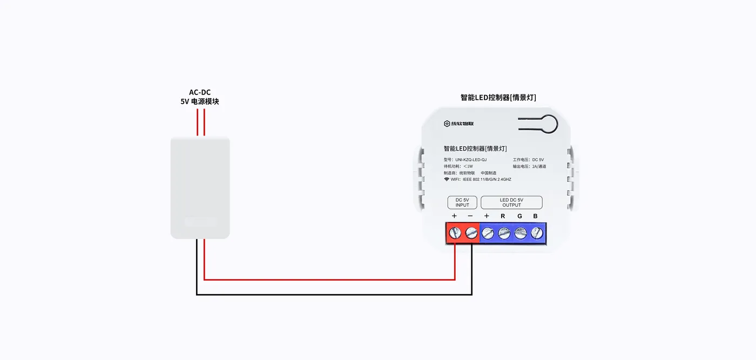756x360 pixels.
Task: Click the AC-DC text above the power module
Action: (x=200, y=92)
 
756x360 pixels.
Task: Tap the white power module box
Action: (x=200, y=188)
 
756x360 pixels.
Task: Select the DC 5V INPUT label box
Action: (x=462, y=202)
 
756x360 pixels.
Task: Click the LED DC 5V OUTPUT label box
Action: (x=511, y=202)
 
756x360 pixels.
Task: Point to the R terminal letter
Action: (x=503, y=216)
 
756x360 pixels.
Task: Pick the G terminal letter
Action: (x=519, y=216)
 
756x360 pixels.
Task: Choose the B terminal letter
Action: (x=535, y=216)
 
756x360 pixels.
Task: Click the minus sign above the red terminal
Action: (x=470, y=216)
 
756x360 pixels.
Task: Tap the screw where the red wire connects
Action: (x=455, y=233)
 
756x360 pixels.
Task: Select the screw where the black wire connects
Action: (x=471, y=233)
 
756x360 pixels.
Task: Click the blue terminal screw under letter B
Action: (x=537, y=233)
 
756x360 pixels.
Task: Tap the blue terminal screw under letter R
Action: (x=504, y=233)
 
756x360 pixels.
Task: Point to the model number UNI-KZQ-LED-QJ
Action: (x=471, y=160)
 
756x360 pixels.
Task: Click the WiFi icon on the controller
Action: (x=447, y=179)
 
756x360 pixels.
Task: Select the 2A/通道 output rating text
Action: (x=539, y=166)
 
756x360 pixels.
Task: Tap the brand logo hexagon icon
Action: (x=447, y=124)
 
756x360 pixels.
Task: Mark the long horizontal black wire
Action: (x=334, y=295)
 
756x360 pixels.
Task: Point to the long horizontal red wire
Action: (x=329, y=280)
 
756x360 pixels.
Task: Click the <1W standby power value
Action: (x=468, y=166)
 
